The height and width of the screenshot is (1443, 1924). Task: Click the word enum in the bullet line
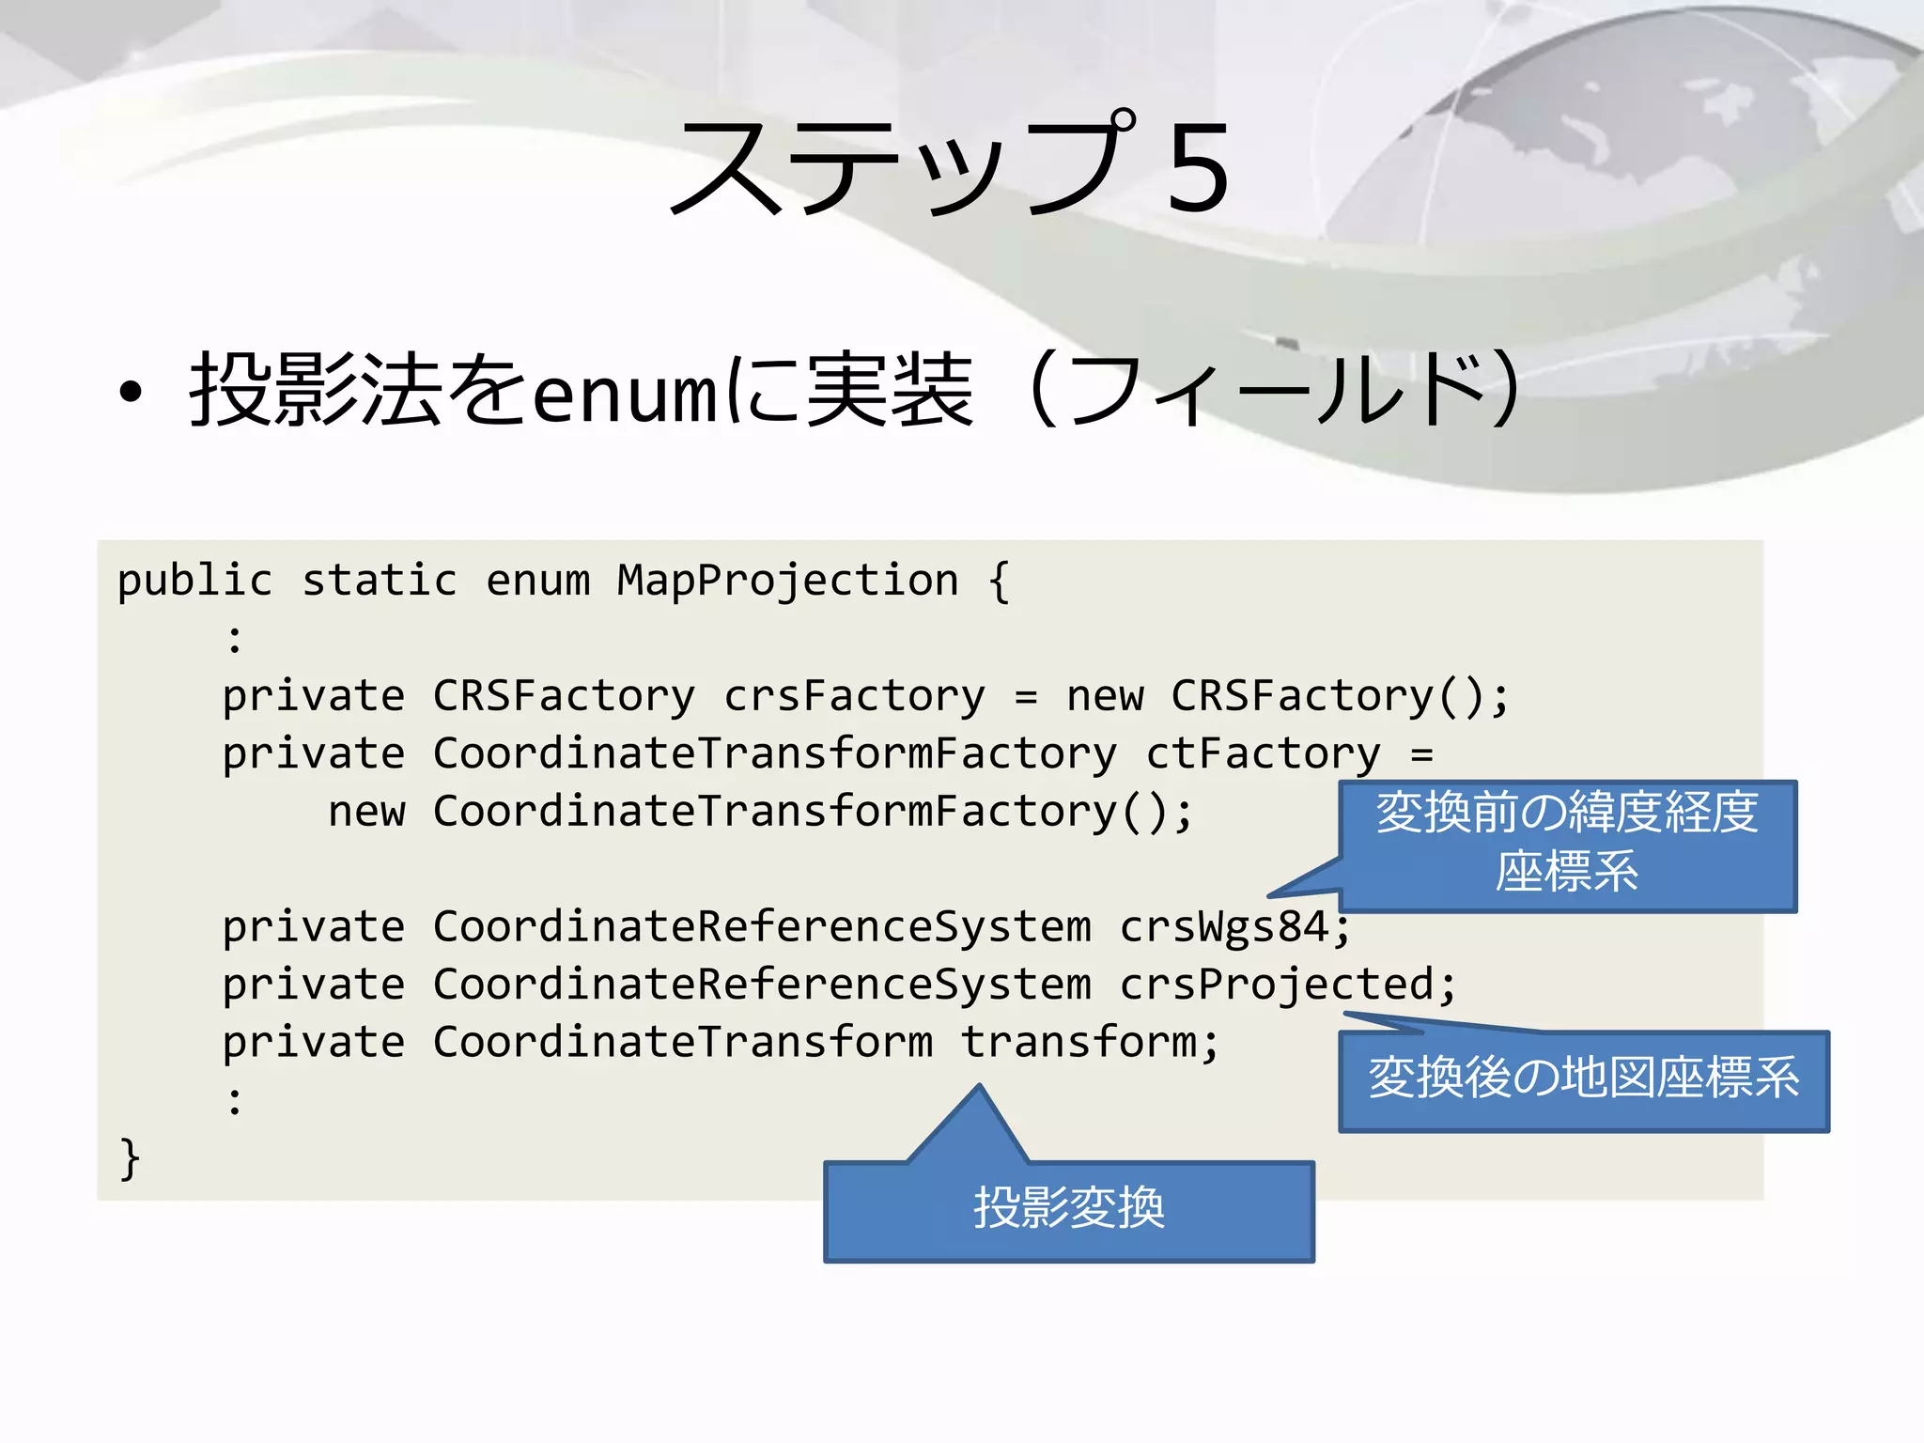click(x=625, y=393)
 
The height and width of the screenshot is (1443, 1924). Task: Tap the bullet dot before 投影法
click(x=131, y=394)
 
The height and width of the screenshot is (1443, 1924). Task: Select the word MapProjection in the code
click(x=787, y=580)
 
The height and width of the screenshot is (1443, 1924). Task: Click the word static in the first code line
click(x=379, y=580)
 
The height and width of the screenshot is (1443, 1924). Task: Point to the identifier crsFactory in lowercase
click(x=854, y=696)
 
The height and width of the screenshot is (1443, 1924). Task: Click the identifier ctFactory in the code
click(x=1263, y=753)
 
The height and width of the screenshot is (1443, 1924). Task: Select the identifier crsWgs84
click(x=1224, y=927)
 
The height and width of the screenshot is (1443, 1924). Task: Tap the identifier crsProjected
click(x=1276, y=985)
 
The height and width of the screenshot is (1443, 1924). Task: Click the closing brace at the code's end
click(x=130, y=1157)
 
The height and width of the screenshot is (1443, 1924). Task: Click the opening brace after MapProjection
click(x=999, y=582)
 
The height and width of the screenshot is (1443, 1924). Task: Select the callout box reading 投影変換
click(x=1068, y=1211)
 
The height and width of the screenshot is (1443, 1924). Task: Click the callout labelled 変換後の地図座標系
click(x=1583, y=1080)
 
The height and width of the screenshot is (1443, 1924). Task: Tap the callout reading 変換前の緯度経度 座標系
click(x=1567, y=844)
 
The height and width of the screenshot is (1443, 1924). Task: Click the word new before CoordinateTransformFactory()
click(x=366, y=812)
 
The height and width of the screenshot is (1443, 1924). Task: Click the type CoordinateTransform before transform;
click(x=682, y=1042)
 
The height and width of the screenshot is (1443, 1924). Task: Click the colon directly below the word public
click(x=235, y=639)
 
